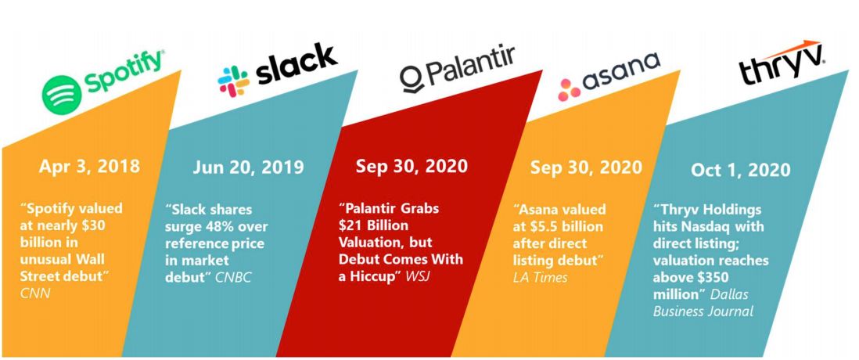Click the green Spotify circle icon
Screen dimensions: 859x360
(61, 94)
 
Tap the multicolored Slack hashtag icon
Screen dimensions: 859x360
(234, 81)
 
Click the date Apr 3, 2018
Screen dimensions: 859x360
(89, 166)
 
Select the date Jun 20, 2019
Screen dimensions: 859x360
(248, 167)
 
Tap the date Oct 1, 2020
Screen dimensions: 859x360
(741, 170)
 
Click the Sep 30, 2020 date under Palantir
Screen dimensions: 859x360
(412, 166)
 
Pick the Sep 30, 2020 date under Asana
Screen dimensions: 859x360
(586, 167)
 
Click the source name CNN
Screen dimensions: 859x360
(35, 293)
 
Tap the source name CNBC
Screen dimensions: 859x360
(233, 277)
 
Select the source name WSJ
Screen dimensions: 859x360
(419, 276)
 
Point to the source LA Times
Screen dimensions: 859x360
(540, 277)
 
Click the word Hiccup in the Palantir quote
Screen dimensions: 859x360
(375, 276)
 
